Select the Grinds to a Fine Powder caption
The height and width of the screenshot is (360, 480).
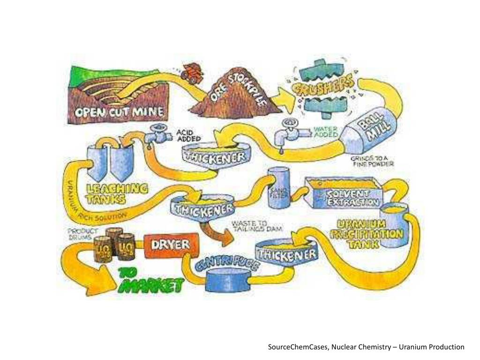coord(372,161)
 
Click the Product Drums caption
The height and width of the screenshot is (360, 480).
coord(83,233)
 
